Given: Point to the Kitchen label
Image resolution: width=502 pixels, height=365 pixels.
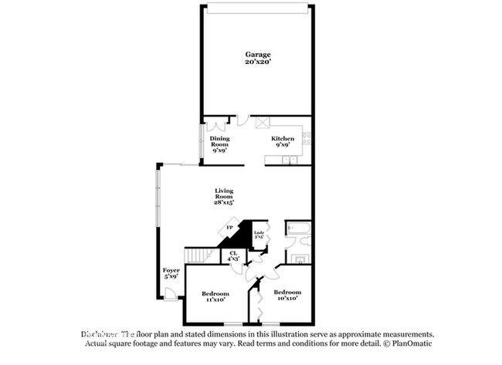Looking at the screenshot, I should [x=283, y=139].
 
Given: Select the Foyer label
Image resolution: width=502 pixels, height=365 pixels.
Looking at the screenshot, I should [x=171, y=270].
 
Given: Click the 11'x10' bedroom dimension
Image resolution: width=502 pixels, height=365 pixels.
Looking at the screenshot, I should [x=215, y=299].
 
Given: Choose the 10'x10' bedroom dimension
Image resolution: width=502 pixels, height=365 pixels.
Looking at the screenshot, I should [x=287, y=299].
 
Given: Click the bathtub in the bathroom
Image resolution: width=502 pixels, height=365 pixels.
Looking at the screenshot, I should [x=297, y=229].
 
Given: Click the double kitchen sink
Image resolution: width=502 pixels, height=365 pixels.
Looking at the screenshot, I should [x=289, y=160].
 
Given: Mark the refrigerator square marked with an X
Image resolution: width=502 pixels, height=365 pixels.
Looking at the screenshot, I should [x=262, y=122].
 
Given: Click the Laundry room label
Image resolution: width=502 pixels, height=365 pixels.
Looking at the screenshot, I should [x=259, y=233].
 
